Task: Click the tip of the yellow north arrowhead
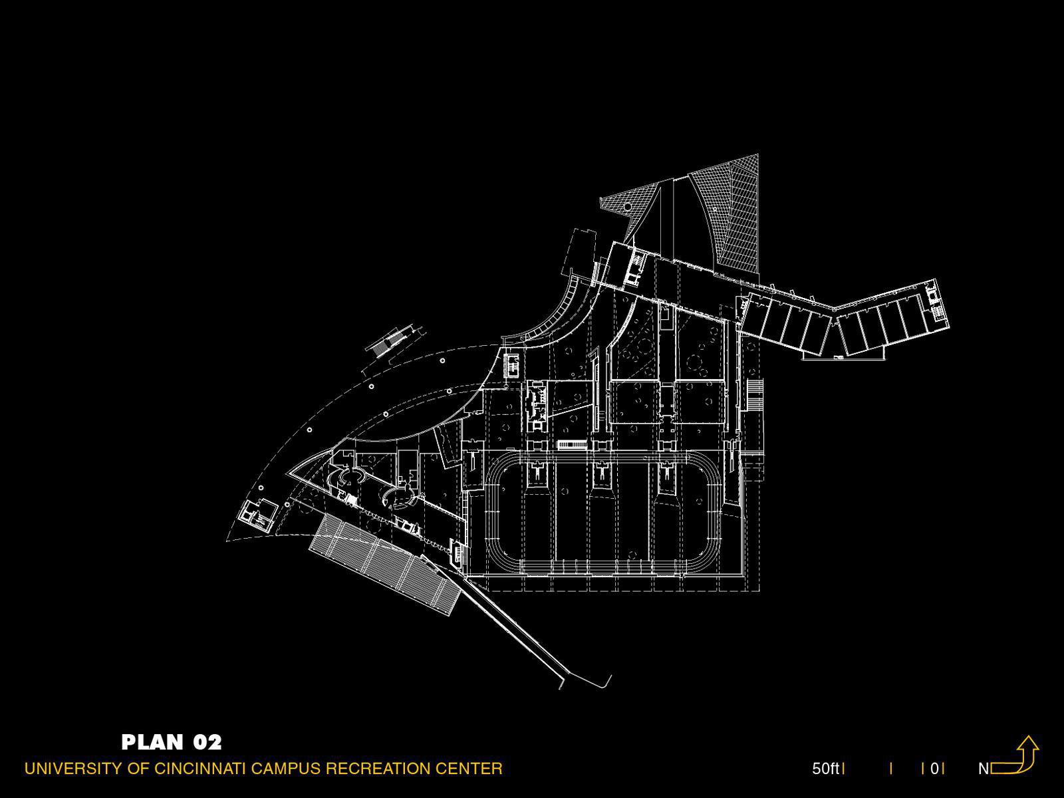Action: [1027, 736]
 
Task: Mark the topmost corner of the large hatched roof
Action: [758, 154]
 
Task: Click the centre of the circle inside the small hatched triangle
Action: [627, 207]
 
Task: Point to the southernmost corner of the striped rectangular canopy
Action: [450, 615]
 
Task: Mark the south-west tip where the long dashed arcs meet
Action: [227, 540]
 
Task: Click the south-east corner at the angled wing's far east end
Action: [949, 328]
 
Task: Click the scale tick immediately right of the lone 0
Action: [943, 769]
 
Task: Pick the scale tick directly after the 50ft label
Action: [844, 769]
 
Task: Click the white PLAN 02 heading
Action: [172, 742]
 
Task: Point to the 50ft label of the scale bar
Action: [825, 769]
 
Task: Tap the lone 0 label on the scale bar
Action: [934, 769]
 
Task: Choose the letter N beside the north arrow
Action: [984, 769]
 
